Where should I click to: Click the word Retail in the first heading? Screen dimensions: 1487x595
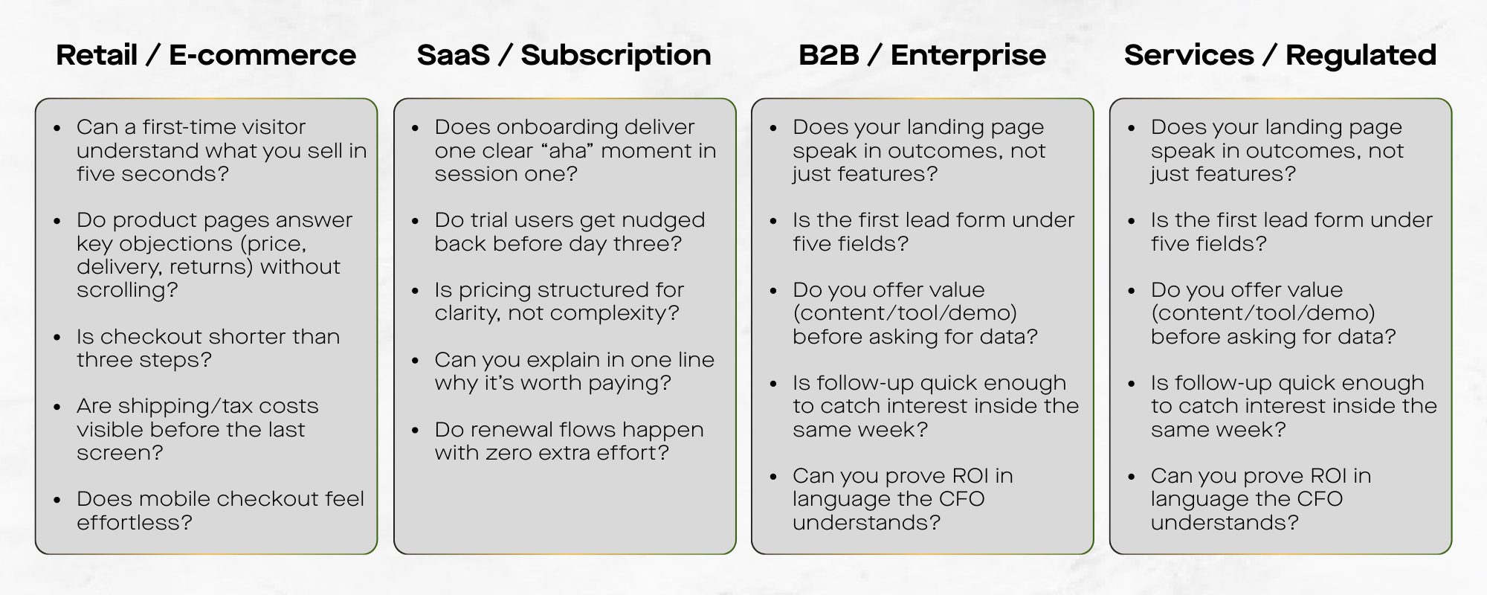pyautogui.click(x=97, y=55)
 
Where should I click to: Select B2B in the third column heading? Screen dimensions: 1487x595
pyautogui.click(x=828, y=55)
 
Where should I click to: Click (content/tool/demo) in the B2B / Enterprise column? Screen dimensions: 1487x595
pyautogui.click(x=905, y=313)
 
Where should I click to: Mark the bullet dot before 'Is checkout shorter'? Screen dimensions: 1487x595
pyautogui.click(x=57, y=338)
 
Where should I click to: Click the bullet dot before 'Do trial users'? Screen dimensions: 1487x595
pyautogui.click(x=416, y=221)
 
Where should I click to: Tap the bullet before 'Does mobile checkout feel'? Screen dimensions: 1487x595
pyautogui.click(x=57, y=500)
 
